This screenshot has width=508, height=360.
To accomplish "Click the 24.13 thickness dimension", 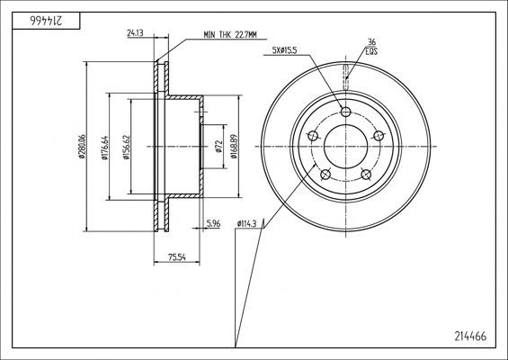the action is pyautogui.click(x=135, y=32).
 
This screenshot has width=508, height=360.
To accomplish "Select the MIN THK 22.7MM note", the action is pyautogui.click(x=230, y=35).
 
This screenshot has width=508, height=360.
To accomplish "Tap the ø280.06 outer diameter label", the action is pyautogui.click(x=82, y=147).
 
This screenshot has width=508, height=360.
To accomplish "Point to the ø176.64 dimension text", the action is pyautogui.click(x=104, y=148).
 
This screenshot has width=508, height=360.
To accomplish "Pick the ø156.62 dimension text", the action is pyautogui.click(x=127, y=148).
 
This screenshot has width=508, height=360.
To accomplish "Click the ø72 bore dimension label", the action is pyautogui.click(x=218, y=146).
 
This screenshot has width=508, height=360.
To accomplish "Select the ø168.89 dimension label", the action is pyautogui.click(x=235, y=147).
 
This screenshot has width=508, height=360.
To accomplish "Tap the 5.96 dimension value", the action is pyautogui.click(x=213, y=223).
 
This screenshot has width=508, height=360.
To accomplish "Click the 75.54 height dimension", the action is pyautogui.click(x=177, y=257).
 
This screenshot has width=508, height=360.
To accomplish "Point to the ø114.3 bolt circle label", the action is pyautogui.click(x=247, y=223).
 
